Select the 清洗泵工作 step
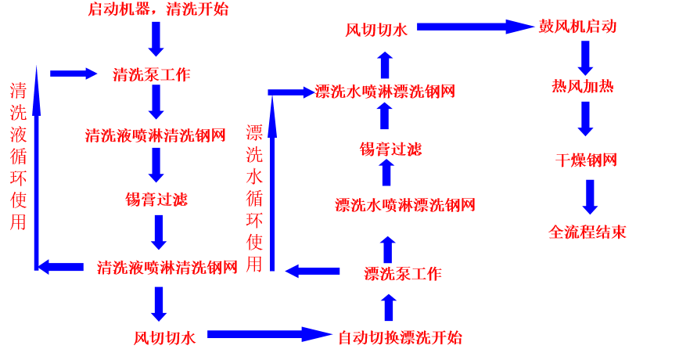click(x=151, y=75)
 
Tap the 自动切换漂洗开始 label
click(x=400, y=338)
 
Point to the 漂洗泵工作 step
click(x=403, y=274)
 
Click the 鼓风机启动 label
click(x=577, y=27)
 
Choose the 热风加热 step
click(x=582, y=86)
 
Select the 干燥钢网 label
click(x=586, y=160)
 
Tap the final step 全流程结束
click(x=587, y=232)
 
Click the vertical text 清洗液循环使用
click(x=18, y=157)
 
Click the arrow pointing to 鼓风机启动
click(x=474, y=27)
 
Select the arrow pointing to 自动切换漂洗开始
click(x=269, y=334)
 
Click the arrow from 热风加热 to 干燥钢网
click(x=585, y=119)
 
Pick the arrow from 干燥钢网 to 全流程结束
click(x=590, y=196)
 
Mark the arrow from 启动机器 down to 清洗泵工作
click(x=156, y=38)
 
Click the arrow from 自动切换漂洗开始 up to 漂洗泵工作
click(x=389, y=308)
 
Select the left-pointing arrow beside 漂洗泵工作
click(x=313, y=271)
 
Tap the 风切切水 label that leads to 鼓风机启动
click(x=376, y=31)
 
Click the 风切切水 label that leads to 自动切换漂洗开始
click(x=164, y=338)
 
